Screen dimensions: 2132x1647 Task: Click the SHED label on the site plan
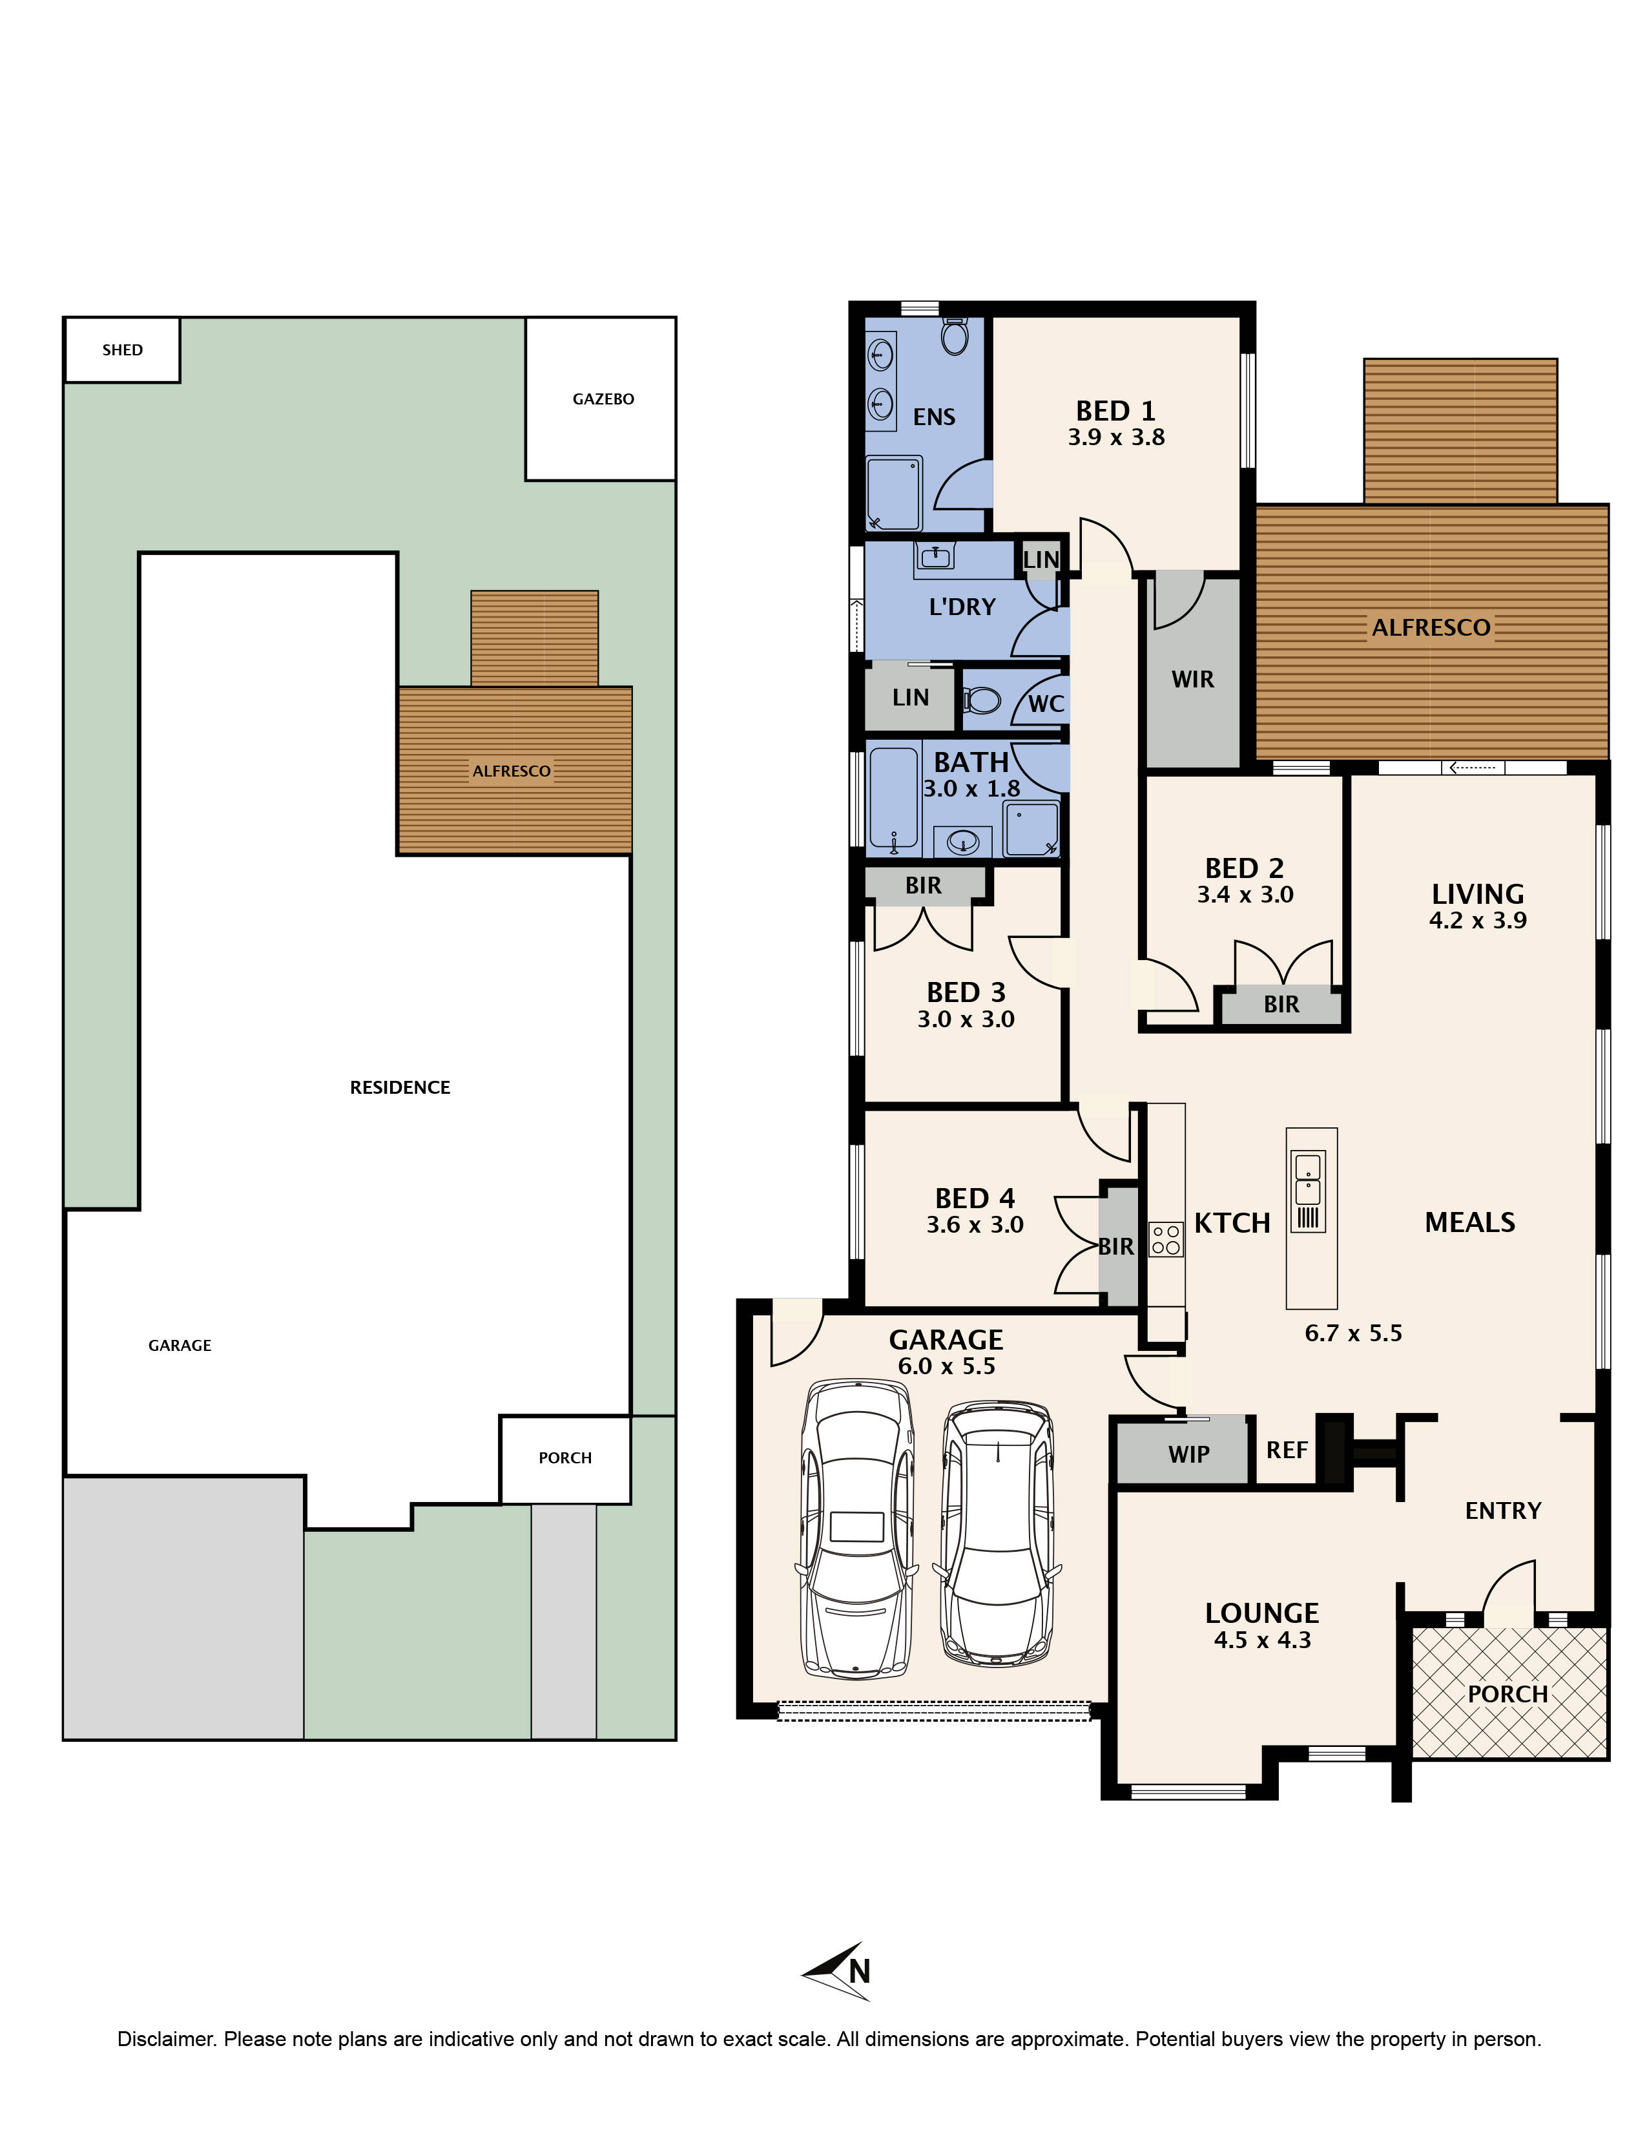tap(122, 350)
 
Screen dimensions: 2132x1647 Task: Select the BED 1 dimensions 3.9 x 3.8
tap(1115, 437)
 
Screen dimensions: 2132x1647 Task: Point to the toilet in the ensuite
tap(954, 337)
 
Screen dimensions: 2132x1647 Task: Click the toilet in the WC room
tap(982, 700)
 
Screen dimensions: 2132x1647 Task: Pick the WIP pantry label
tap(1188, 1454)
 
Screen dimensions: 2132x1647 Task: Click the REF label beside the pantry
tap(1286, 1450)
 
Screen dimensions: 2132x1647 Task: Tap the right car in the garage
tap(997, 1532)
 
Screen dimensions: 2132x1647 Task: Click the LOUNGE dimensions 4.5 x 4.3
tap(1261, 1640)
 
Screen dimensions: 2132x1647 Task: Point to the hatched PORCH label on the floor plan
tap(1507, 1694)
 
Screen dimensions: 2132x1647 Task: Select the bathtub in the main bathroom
tap(893, 797)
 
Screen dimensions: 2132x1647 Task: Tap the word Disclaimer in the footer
tap(166, 2039)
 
